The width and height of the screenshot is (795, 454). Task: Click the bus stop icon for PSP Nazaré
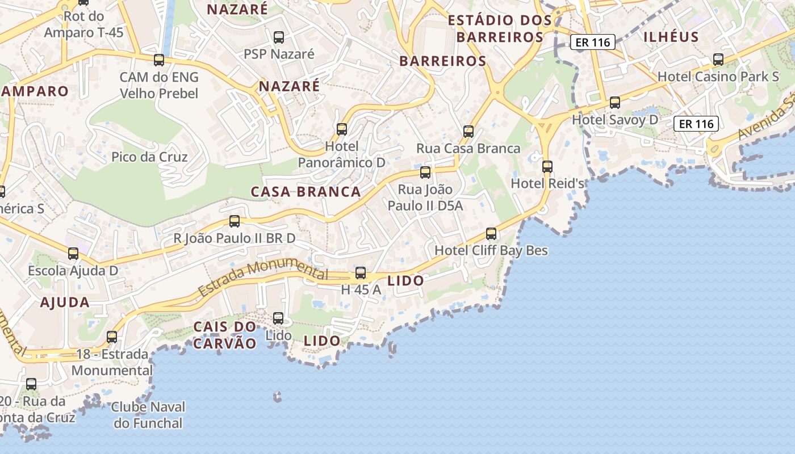[279, 37]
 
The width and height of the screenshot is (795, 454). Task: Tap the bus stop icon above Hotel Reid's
[547, 167]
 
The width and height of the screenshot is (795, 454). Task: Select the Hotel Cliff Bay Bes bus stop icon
[491, 234]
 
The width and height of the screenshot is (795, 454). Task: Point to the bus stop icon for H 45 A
[361, 273]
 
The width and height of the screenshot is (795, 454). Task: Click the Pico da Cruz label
[149, 157]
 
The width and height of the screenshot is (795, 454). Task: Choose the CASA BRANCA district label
[306, 192]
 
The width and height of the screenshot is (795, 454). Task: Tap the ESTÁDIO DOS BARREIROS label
[500, 29]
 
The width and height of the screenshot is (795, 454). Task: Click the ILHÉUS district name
[671, 37]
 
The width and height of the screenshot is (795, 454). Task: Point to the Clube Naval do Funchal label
[148, 415]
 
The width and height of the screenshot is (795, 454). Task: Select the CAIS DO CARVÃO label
[225, 335]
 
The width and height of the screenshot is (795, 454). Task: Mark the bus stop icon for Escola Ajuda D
[73, 254]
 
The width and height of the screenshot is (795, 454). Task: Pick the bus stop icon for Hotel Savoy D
[615, 103]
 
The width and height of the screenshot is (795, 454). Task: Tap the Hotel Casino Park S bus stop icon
[718, 59]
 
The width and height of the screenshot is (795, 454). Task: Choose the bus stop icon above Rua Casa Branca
[468, 132]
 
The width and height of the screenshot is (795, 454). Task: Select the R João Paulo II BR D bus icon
[235, 221]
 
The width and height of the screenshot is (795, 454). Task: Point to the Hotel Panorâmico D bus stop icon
[342, 129]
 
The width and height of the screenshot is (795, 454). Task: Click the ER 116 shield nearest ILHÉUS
[593, 42]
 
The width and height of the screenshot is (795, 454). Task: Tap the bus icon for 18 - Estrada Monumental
[112, 337]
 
